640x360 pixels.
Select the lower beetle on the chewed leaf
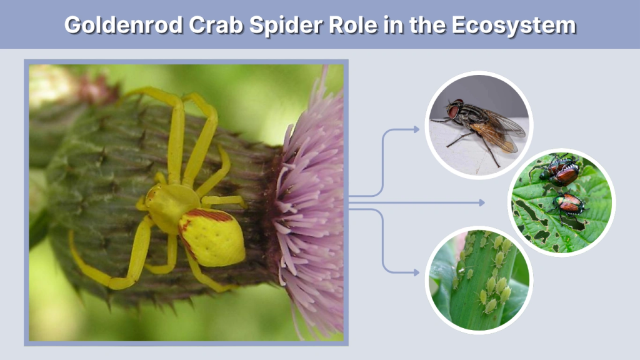pyautogui.click(x=570, y=202)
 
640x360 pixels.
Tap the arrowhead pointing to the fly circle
pyautogui.click(x=416, y=129)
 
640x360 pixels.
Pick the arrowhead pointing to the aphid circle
pyautogui.click(x=416, y=272)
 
